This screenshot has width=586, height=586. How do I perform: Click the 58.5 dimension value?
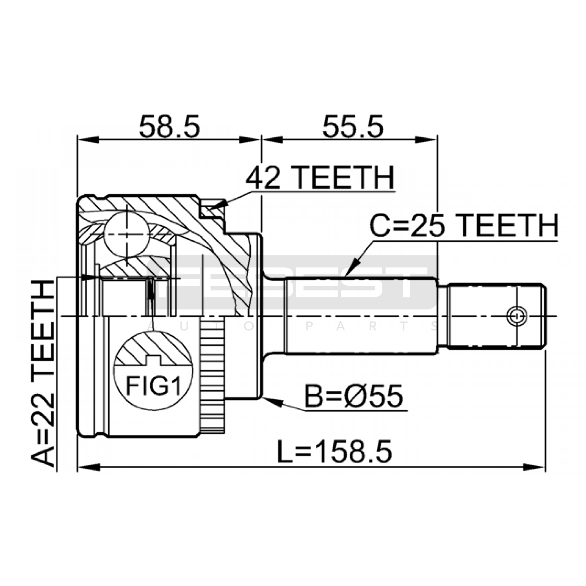(x=170, y=127)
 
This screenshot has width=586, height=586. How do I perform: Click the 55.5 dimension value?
(x=352, y=127)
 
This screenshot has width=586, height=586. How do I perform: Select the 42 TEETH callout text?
(x=320, y=178)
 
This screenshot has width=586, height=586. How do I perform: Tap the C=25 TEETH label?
(x=464, y=226)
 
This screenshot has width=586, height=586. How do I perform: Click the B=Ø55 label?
(x=354, y=396)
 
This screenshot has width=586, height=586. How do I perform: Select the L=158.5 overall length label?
(x=334, y=451)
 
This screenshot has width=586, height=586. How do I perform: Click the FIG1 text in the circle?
(x=153, y=385)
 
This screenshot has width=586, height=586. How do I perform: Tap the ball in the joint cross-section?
(x=127, y=234)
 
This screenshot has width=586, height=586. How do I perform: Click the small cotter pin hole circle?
(x=517, y=315)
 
